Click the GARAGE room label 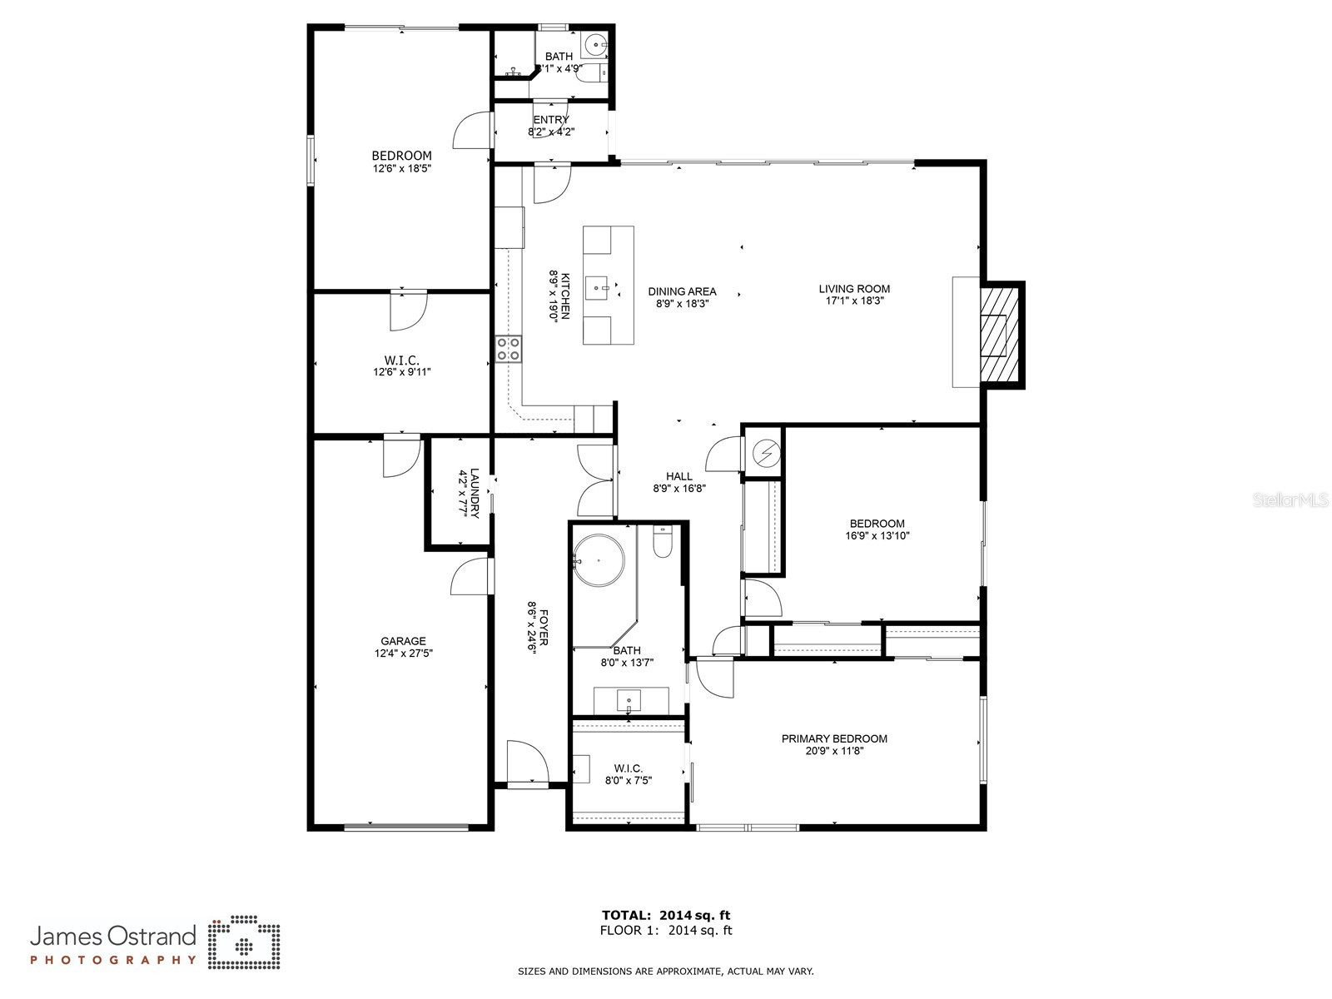pos(403,641)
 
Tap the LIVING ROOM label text pos(853,289)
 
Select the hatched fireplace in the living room pos(999,335)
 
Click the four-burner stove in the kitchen pos(509,349)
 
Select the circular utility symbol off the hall pos(765,453)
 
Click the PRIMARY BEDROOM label pos(834,738)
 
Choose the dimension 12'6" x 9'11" pos(401,372)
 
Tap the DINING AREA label pos(682,291)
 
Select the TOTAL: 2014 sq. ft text pos(666,916)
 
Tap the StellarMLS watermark pos(1290,499)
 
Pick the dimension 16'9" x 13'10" pos(877,536)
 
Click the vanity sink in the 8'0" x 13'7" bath pos(630,700)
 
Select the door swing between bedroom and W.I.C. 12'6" pos(408,310)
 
